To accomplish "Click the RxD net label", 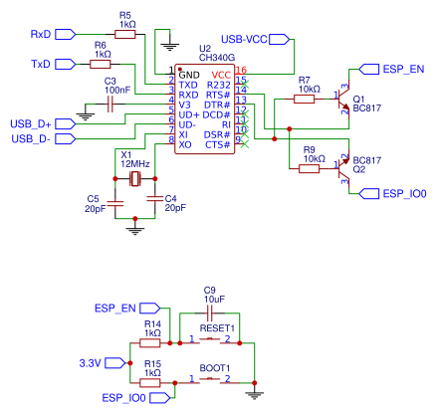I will point(41,34).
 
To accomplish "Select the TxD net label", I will point(41,64).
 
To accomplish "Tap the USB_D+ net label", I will point(31,123).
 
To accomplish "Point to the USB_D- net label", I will point(30,138).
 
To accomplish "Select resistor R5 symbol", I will point(125,34).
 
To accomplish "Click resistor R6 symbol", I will point(101,64).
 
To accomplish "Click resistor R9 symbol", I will point(309,168).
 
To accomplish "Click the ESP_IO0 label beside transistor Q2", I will point(404,193).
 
